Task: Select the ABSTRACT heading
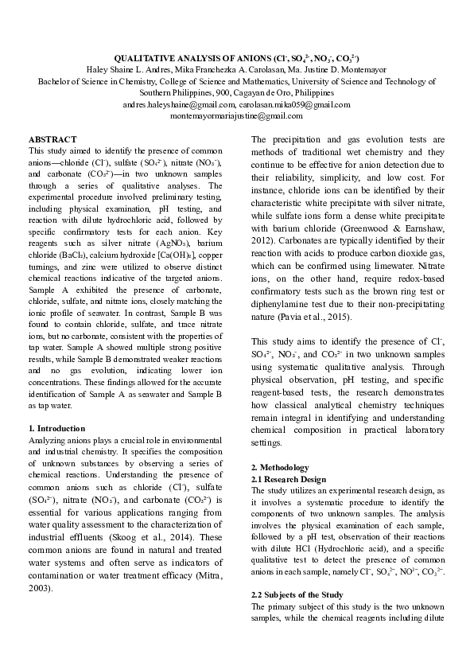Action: click(x=52, y=139)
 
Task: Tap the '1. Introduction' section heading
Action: click(x=62, y=429)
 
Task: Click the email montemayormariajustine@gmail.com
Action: click(x=236, y=115)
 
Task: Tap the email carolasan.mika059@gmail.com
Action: click(x=295, y=104)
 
